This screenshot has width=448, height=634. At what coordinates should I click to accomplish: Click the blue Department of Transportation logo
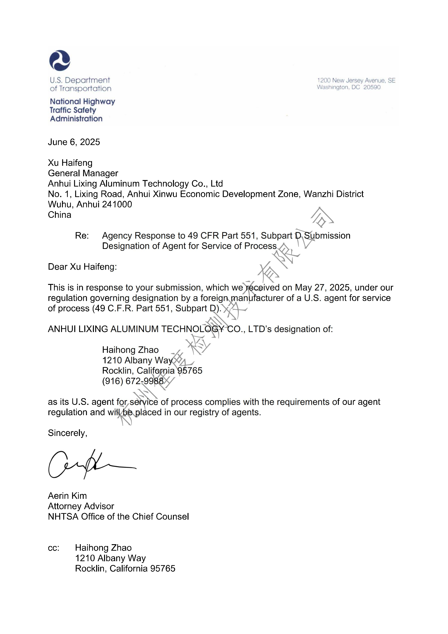[x=60, y=60]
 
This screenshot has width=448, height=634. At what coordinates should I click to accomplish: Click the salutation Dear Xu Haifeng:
[x=82, y=267]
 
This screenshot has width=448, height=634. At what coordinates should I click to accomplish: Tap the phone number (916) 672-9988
[x=133, y=381]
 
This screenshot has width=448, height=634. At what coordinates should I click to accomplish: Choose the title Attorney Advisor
[x=81, y=506]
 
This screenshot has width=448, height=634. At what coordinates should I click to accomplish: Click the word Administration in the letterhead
[x=76, y=119]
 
